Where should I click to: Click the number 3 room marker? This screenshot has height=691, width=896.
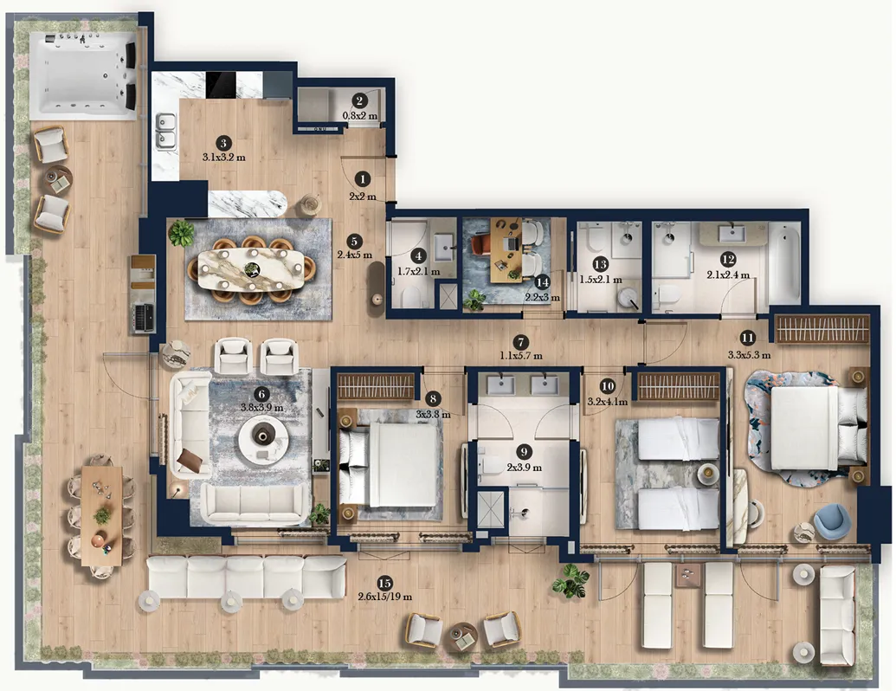(x=223, y=143)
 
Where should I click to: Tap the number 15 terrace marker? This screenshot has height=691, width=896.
(x=384, y=583)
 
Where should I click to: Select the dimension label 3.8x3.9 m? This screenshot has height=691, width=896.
(x=261, y=408)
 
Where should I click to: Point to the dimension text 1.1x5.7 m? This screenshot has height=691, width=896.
(x=520, y=356)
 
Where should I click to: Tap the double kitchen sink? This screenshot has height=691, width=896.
(x=166, y=131)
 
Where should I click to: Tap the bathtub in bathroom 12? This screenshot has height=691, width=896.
(x=785, y=262)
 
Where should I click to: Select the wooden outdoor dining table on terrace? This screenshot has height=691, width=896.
(x=101, y=515)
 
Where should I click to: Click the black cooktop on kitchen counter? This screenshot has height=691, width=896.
(x=222, y=85)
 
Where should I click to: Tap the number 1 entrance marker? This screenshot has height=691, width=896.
(x=362, y=179)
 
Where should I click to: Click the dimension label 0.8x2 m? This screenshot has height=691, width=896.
(x=360, y=115)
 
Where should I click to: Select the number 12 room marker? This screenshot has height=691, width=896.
(x=728, y=260)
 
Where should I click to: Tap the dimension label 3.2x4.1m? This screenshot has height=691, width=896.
(x=608, y=402)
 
